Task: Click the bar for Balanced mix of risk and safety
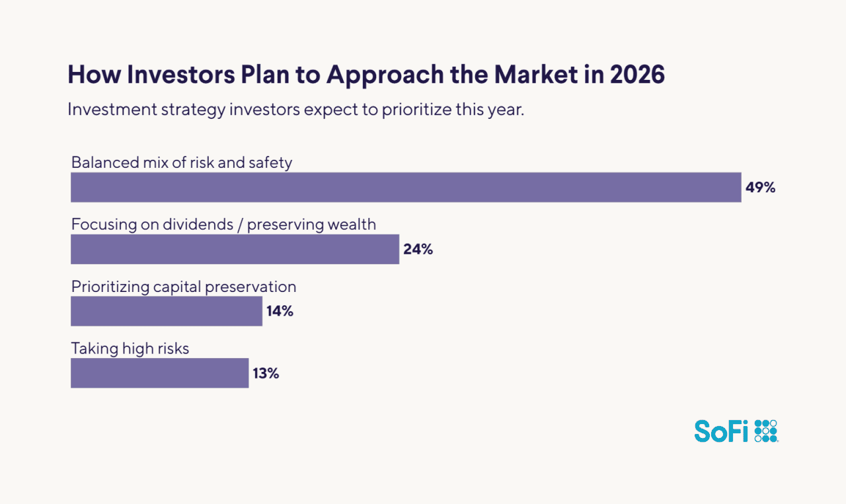point(406,188)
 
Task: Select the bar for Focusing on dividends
point(235,249)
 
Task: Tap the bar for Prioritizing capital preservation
point(167,311)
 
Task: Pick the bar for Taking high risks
point(159,373)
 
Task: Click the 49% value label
point(760,188)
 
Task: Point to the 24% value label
point(418,250)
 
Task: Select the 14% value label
point(280,311)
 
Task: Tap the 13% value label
point(266,373)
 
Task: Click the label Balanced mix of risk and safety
point(182,162)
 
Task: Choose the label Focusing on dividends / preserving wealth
point(223,225)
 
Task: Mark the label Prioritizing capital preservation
point(184,287)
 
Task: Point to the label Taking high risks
point(130,349)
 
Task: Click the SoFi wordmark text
point(721,431)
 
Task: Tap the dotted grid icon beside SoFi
point(766,431)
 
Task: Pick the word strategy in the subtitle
point(194,110)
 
